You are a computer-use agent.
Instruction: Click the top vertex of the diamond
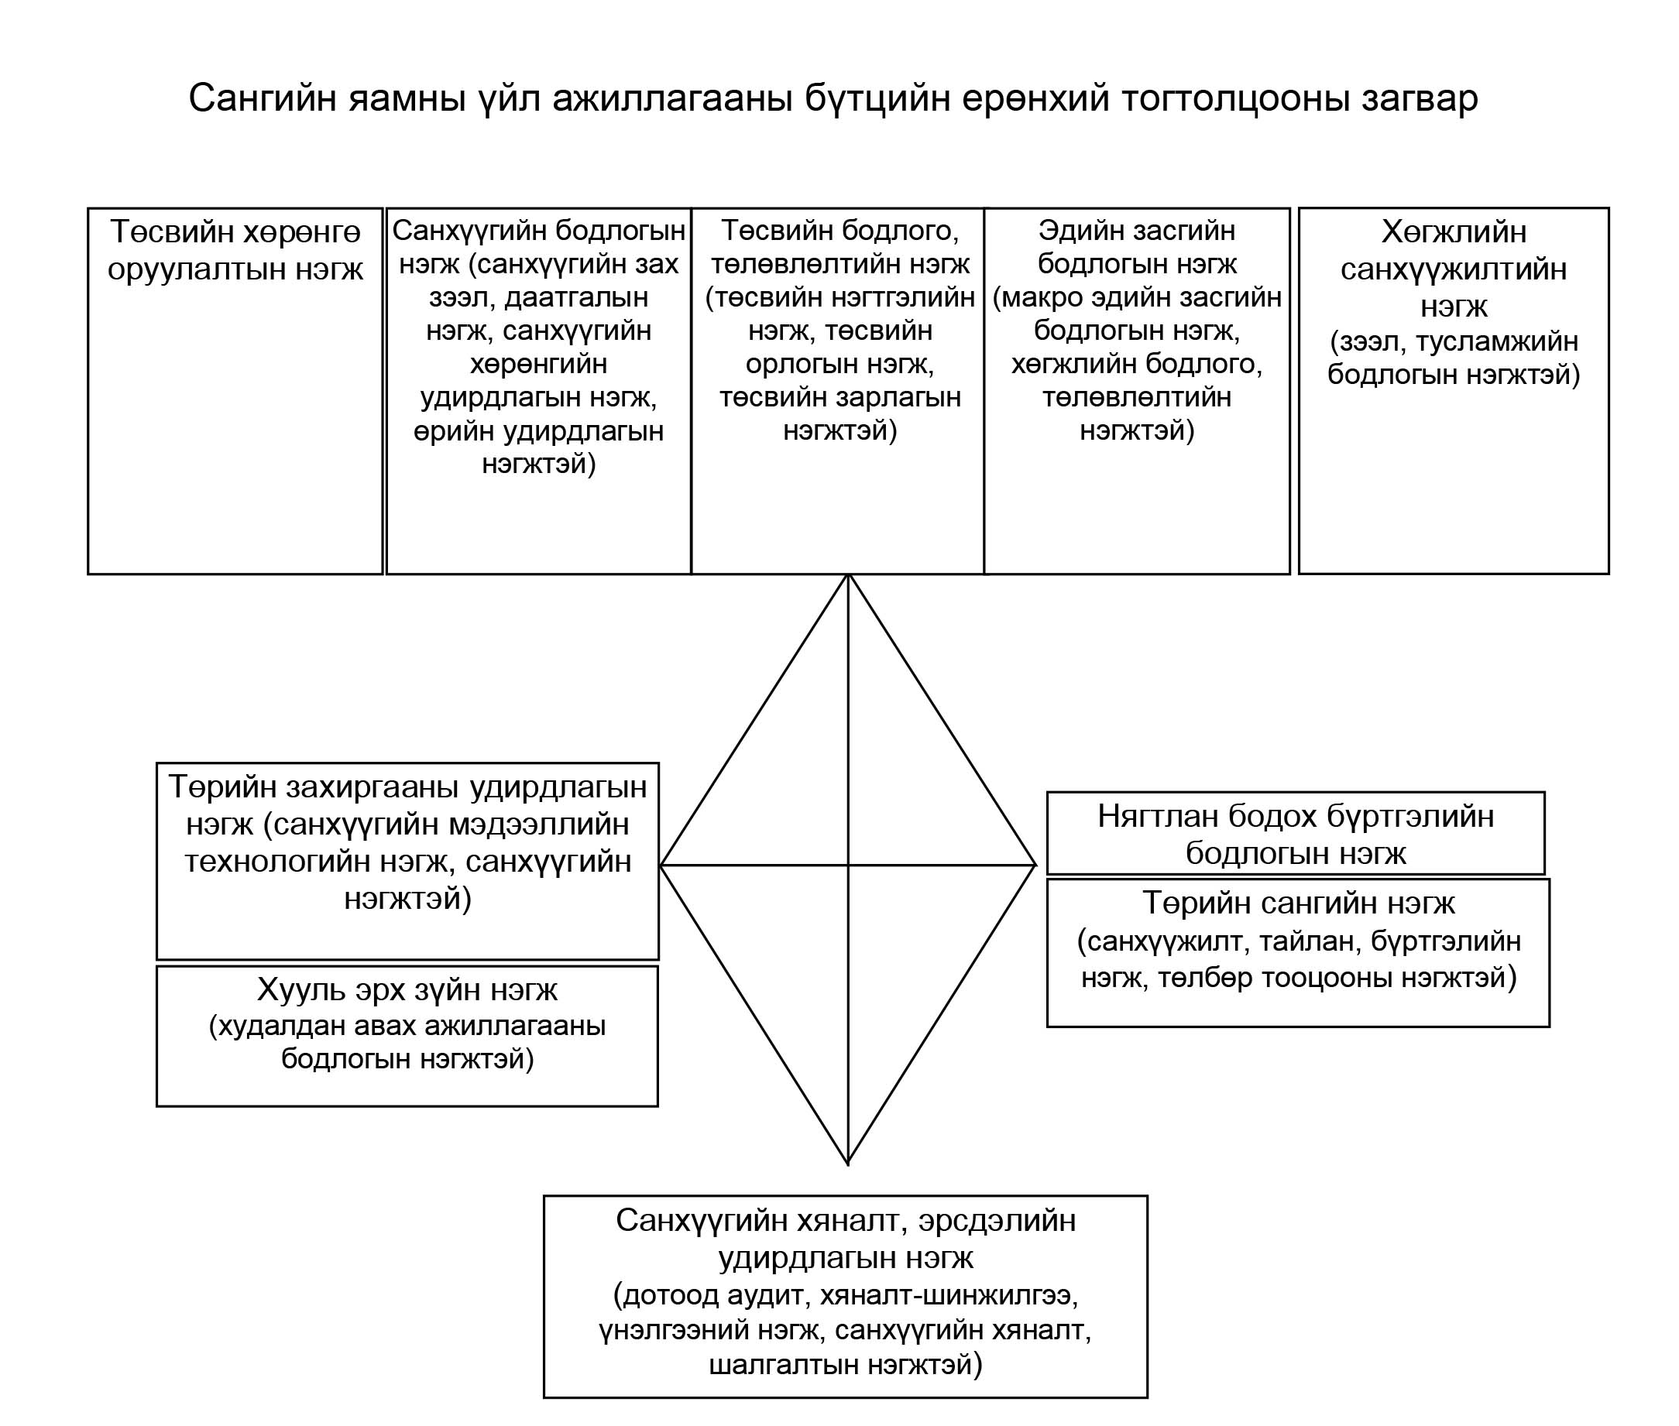[x=847, y=574]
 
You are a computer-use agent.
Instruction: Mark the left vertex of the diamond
[x=661, y=865]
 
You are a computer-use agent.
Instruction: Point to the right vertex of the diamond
[x=1035, y=865]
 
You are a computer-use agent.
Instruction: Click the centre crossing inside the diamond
[x=847, y=865]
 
